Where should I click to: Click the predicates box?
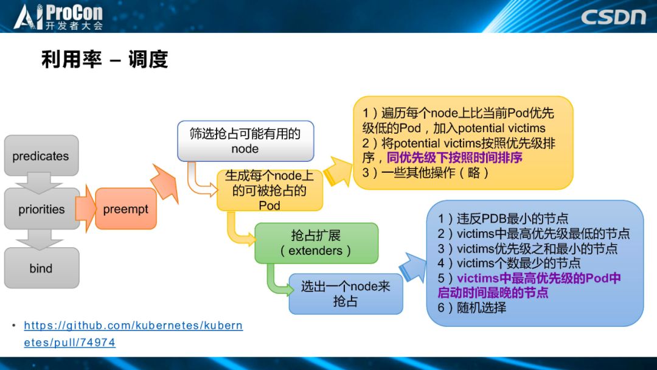tap(41, 156)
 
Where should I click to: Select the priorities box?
tap(41, 209)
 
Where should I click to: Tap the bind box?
tap(41, 268)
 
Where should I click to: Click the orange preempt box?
tap(126, 209)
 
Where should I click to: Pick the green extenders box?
tap(316, 243)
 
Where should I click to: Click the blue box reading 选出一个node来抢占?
tap(346, 293)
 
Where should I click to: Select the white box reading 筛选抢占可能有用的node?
tap(245, 141)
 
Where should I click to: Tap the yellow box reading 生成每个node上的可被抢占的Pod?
tap(269, 190)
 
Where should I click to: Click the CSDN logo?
tap(613, 16)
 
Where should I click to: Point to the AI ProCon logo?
tap(58, 16)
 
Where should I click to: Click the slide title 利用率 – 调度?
tap(104, 60)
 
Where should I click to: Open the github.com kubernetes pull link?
tap(133, 333)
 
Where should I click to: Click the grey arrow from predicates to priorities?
tap(41, 181)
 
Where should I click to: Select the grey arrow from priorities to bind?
tap(41, 239)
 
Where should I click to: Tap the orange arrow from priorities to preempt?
tap(87, 209)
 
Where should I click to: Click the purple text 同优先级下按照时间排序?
tap(454, 158)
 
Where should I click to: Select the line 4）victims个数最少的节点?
tap(509, 263)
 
